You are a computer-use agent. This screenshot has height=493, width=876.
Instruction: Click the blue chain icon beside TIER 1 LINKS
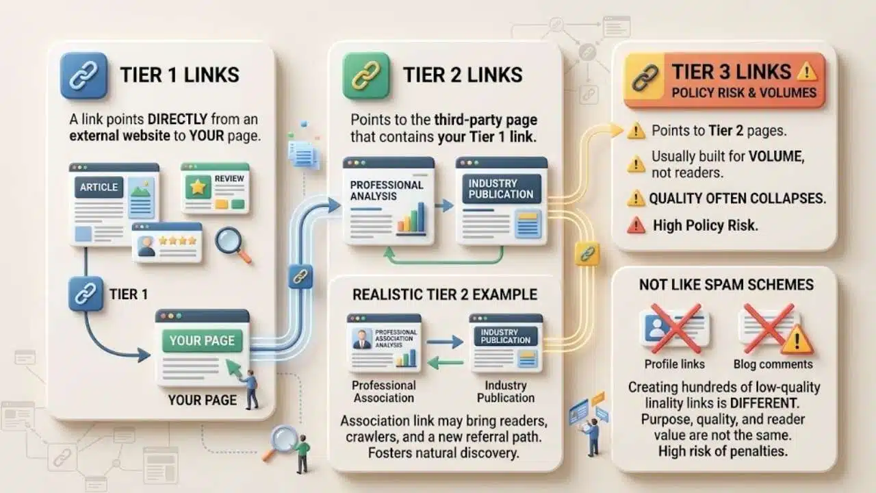click(83, 75)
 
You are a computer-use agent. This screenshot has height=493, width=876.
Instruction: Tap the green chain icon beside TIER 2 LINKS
click(366, 75)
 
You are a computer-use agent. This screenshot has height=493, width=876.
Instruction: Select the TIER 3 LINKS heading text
click(732, 72)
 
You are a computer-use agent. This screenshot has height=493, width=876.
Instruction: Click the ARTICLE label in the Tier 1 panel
click(99, 187)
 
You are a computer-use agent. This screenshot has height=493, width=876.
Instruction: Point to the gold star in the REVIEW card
click(198, 187)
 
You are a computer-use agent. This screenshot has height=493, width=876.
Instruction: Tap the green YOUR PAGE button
click(202, 341)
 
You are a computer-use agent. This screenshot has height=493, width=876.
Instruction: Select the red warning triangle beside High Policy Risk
click(636, 225)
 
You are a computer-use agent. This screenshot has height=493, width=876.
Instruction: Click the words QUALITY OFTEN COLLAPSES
click(738, 199)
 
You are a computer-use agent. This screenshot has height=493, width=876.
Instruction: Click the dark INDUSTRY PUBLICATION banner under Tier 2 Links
click(502, 189)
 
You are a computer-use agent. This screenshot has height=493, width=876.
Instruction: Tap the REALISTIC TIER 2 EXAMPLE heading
click(445, 294)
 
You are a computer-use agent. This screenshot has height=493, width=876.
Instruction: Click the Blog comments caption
click(773, 364)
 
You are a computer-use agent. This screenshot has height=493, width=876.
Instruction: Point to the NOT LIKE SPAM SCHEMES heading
click(726, 284)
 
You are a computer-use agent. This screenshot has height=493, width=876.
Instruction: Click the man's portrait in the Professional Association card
click(362, 338)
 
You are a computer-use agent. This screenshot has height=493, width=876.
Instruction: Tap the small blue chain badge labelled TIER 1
click(86, 294)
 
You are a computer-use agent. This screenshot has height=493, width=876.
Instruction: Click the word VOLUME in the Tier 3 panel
click(776, 157)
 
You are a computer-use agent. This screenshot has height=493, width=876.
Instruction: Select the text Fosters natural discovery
click(444, 453)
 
